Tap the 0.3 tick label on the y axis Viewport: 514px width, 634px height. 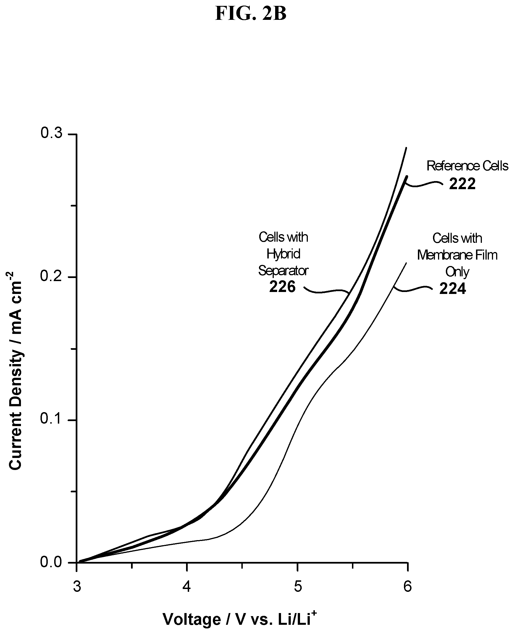(51, 134)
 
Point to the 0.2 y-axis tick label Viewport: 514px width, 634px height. (51, 276)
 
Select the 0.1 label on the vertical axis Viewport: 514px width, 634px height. (51, 419)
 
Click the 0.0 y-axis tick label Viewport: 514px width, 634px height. (51, 562)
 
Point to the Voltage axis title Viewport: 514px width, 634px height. (240, 619)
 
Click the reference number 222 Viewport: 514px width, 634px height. (462, 184)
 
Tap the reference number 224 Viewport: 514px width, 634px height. (453, 289)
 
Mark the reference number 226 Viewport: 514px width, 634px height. (282, 287)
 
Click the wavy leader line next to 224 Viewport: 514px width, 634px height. (412, 288)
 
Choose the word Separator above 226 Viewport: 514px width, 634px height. (283, 271)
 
